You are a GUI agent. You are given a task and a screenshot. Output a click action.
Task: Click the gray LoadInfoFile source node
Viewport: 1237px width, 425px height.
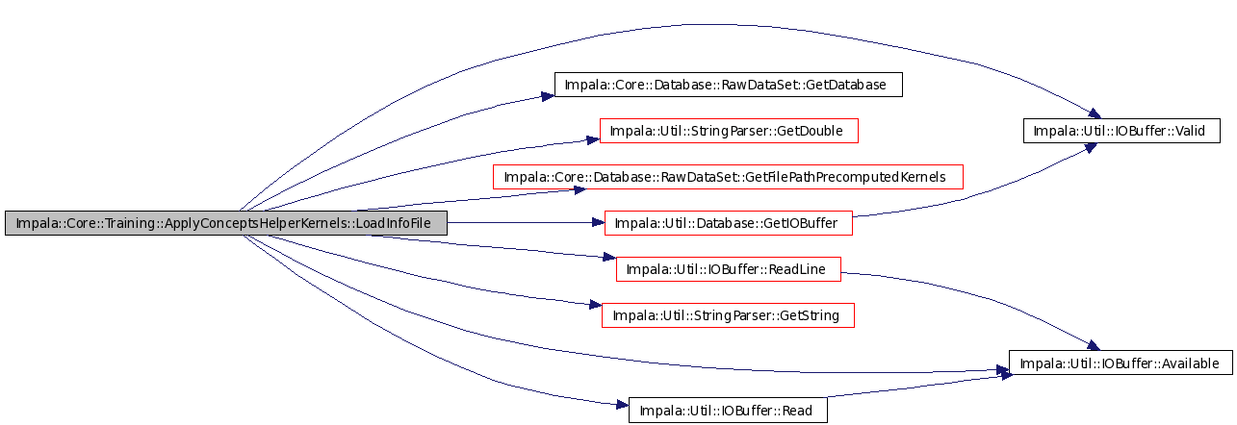226,223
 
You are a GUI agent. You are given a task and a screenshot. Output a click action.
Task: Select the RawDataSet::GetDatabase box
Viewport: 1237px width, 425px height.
729,85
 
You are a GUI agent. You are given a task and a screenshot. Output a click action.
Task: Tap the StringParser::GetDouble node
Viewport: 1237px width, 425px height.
729,131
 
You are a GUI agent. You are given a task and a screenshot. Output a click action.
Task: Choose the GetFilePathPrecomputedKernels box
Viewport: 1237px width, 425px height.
728,177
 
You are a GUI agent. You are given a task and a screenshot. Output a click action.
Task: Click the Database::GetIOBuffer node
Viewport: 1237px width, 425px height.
729,223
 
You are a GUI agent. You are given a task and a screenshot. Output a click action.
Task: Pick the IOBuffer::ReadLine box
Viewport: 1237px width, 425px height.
729,269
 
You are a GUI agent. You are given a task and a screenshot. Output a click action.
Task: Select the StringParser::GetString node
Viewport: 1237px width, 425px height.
728,315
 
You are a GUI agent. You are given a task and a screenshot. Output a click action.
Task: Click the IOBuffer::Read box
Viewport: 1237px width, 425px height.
728,411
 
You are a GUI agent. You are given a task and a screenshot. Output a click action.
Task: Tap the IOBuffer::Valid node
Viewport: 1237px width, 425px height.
1121,131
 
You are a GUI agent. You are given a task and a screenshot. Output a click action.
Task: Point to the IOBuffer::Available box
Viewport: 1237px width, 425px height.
1121,362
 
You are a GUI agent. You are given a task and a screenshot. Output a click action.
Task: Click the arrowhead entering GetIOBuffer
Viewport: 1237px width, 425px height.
598,222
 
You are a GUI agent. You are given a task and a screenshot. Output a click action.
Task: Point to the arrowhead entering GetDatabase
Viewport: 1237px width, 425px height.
548,96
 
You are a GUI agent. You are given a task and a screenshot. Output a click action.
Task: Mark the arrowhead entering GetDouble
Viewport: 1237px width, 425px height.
593,139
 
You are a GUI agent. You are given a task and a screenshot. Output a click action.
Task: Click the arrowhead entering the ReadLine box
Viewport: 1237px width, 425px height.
609,257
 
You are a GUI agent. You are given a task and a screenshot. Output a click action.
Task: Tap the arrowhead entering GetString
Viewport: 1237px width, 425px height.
595,304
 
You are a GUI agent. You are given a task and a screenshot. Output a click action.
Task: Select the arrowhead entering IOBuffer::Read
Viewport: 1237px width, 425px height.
623,405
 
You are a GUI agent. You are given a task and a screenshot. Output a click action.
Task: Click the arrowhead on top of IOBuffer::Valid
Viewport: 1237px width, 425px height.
1095,113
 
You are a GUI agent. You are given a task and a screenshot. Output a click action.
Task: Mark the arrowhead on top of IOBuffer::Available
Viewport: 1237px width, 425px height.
1094,345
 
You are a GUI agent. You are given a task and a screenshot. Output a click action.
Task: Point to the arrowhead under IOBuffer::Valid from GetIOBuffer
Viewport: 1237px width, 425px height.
1090,147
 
